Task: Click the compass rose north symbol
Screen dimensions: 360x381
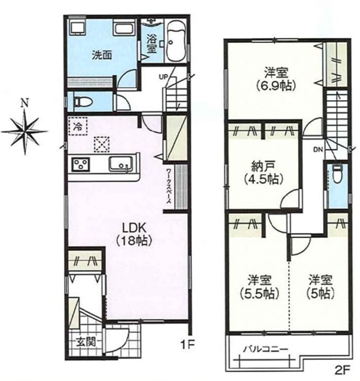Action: point(24,131)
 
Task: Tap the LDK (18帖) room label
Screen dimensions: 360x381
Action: point(134,235)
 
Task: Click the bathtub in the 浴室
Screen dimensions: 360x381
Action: point(176,41)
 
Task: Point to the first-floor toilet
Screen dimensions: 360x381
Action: point(82,102)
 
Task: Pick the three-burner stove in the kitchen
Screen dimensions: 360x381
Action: point(81,164)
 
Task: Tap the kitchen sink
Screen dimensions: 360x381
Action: point(121,164)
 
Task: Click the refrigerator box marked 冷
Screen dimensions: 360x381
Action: point(78,126)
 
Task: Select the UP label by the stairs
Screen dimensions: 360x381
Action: point(163,77)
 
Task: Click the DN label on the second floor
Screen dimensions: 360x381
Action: point(318,150)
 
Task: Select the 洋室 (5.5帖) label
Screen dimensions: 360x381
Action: point(259,287)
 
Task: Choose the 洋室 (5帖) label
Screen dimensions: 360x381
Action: point(320,287)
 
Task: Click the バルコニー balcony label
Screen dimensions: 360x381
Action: point(266,349)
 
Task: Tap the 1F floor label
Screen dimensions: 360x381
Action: point(188,344)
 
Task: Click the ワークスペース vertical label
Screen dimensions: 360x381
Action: point(169,186)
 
